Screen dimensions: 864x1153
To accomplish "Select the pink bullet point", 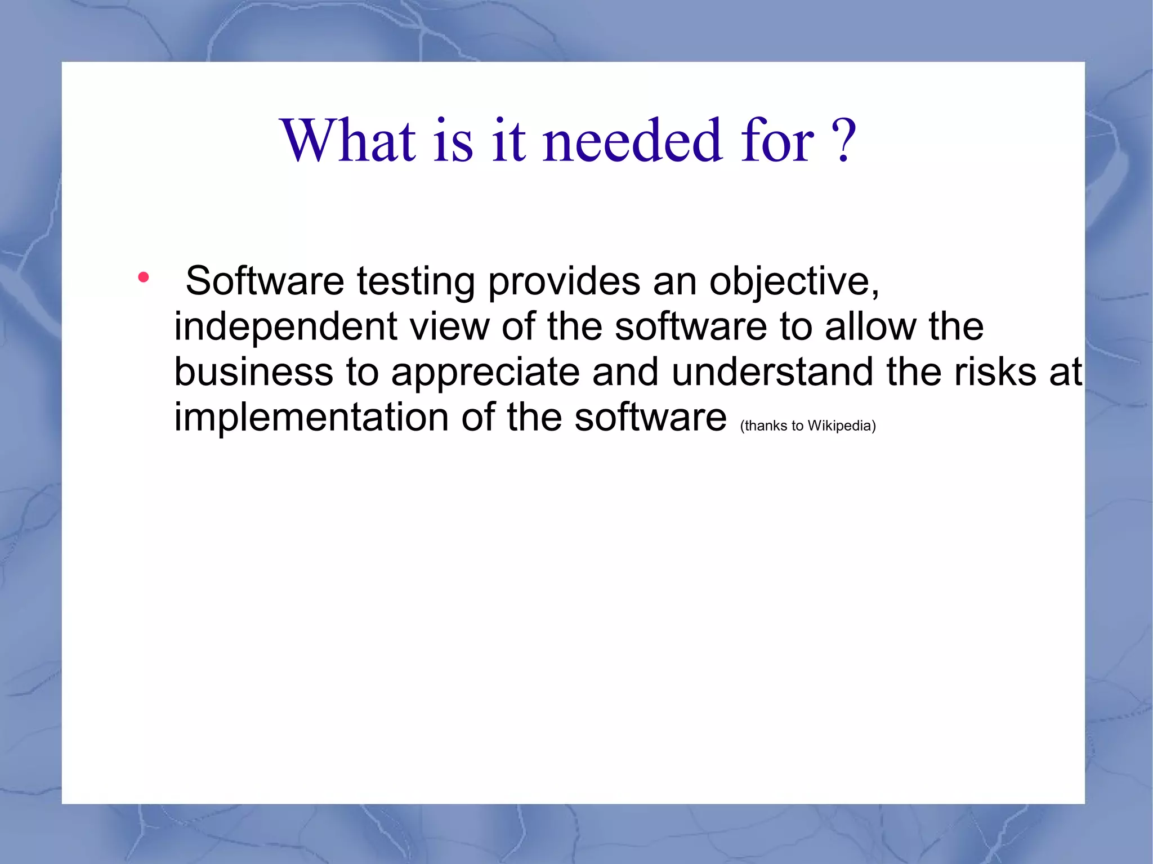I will (x=144, y=277).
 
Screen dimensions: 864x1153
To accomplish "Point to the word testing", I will (x=415, y=281).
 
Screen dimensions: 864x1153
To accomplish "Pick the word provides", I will (x=564, y=281).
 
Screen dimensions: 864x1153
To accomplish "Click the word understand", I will (x=772, y=372).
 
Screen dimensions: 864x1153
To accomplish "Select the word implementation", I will (x=311, y=418).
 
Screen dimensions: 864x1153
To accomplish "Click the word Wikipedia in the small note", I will (x=841, y=426).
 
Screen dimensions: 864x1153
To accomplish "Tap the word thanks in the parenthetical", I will (x=765, y=426).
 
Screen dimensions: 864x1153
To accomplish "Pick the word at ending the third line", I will (x=1066, y=372).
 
